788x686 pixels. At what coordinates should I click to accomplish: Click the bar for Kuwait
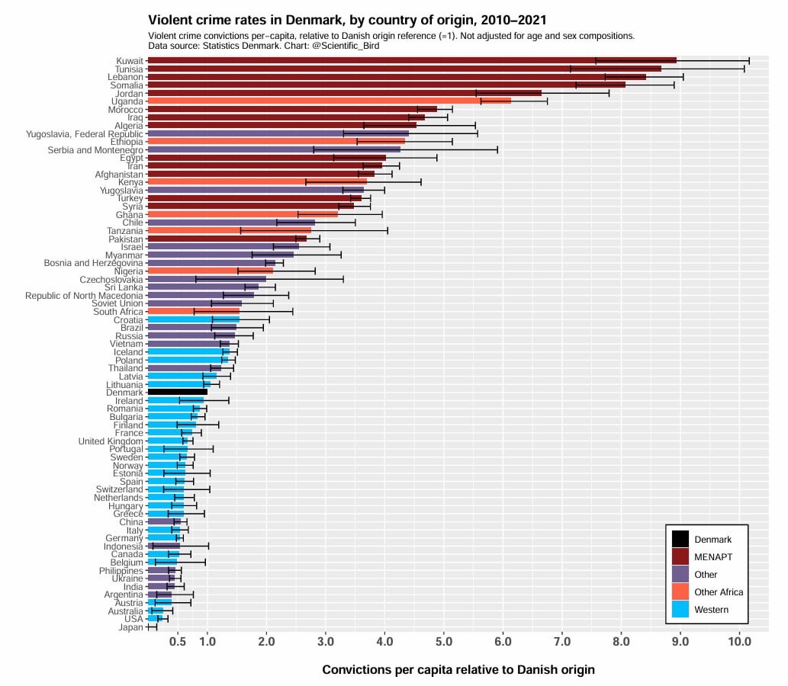point(412,60)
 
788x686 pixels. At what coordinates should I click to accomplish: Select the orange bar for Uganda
point(329,101)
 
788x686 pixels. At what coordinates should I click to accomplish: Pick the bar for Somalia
point(386,85)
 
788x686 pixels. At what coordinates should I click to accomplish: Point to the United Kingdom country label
point(111,441)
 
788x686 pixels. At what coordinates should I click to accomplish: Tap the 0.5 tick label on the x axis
point(177,642)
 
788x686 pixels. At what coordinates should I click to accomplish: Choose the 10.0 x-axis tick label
point(739,642)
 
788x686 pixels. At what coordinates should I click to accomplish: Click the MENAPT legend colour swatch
point(680,556)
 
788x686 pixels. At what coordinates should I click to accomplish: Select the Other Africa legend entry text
point(719,592)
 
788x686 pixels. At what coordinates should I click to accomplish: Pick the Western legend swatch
point(680,609)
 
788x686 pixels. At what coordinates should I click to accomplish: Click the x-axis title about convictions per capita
point(458,669)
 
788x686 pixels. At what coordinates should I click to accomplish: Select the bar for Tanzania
point(229,230)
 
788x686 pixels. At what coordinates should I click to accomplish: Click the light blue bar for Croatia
point(193,319)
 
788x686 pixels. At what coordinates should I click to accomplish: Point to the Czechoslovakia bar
point(207,279)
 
